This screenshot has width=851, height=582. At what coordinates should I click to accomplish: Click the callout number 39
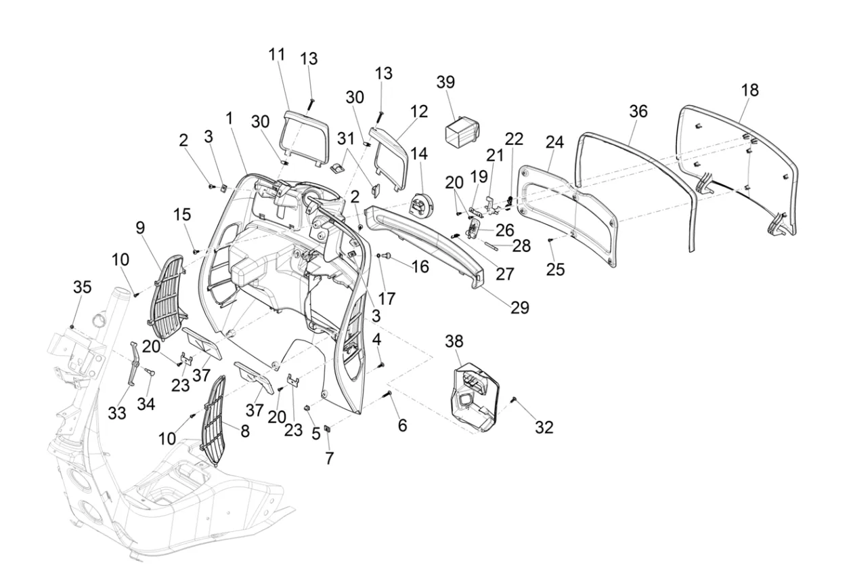[x=445, y=82]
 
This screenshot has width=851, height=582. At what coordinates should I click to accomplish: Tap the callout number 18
[x=749, y=90]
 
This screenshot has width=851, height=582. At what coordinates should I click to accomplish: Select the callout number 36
[x=638, y=110]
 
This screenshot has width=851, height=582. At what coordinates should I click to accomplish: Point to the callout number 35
[x=82, y=287]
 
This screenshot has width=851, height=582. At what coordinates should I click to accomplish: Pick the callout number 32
[x=544, y=427]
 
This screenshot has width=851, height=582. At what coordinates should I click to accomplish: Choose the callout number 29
[x=520, y=307]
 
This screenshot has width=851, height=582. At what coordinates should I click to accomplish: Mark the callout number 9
[x=140, y=228]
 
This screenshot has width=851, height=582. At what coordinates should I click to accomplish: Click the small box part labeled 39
[x=460, y=130]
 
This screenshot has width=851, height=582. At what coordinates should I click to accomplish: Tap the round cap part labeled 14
[x=422, y=204]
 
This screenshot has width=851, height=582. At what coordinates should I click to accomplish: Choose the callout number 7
[x=330, y=458]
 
